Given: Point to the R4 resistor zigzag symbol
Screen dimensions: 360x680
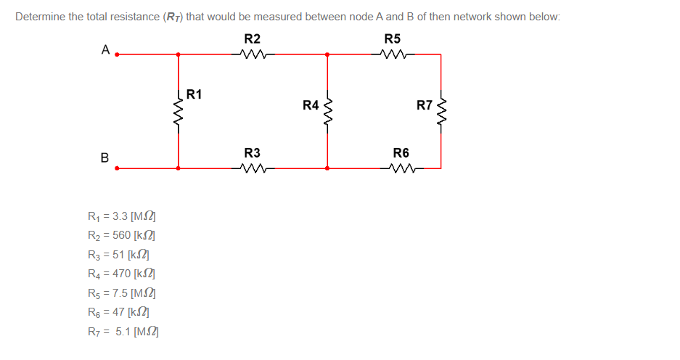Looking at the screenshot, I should (x=327, y=110).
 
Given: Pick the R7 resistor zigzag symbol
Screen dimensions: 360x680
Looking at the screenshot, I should (x=441, y=110).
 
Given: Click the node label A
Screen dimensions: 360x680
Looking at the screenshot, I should (x=105, y=50).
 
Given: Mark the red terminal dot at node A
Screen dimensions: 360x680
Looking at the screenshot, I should (x=118, y=54).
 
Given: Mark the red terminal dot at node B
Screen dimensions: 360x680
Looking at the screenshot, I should (x=118, y=168).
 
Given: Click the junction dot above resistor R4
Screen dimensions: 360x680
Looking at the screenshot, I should (x=327, y=54).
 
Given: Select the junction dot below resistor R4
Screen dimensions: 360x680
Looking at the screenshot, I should (x=327, y=168).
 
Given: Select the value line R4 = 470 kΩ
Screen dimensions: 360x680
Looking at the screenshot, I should (x=122, y=274).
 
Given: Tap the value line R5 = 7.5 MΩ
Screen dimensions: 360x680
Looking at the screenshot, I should (x=122, y=293).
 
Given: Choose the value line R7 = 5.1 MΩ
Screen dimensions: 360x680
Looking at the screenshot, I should (x=122, y=332).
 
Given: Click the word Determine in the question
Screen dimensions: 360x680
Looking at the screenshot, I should (x=40, y=17).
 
